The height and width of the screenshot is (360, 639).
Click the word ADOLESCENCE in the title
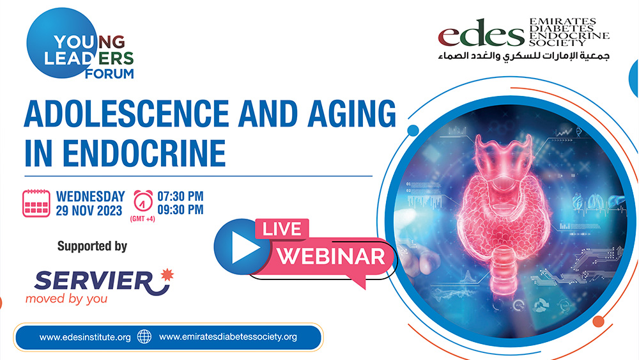(127, 113)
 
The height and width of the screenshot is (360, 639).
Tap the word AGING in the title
(351, 113)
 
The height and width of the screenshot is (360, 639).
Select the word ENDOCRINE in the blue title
(144, 153)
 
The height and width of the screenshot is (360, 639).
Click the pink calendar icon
(36, 203)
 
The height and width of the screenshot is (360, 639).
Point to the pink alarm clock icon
(143, 201)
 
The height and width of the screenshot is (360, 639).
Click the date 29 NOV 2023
(89, 210)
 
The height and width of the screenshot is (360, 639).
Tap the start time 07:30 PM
(180, 196)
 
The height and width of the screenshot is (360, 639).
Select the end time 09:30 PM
(180, 210)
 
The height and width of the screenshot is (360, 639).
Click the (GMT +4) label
(142, 219)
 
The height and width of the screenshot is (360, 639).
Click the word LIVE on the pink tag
(282, 229)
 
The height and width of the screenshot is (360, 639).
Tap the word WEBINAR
(331, 256)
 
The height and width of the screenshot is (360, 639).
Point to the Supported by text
(92, 246)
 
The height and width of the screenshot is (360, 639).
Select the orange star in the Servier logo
(167, 275)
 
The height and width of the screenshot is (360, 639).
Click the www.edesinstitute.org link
(85, 337)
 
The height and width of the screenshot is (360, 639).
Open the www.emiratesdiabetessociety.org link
(228, 337)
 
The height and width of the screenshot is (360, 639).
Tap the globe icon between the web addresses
(144, 337)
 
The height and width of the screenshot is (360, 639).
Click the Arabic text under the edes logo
(524, 56)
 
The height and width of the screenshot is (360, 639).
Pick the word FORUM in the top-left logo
(109, 74)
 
